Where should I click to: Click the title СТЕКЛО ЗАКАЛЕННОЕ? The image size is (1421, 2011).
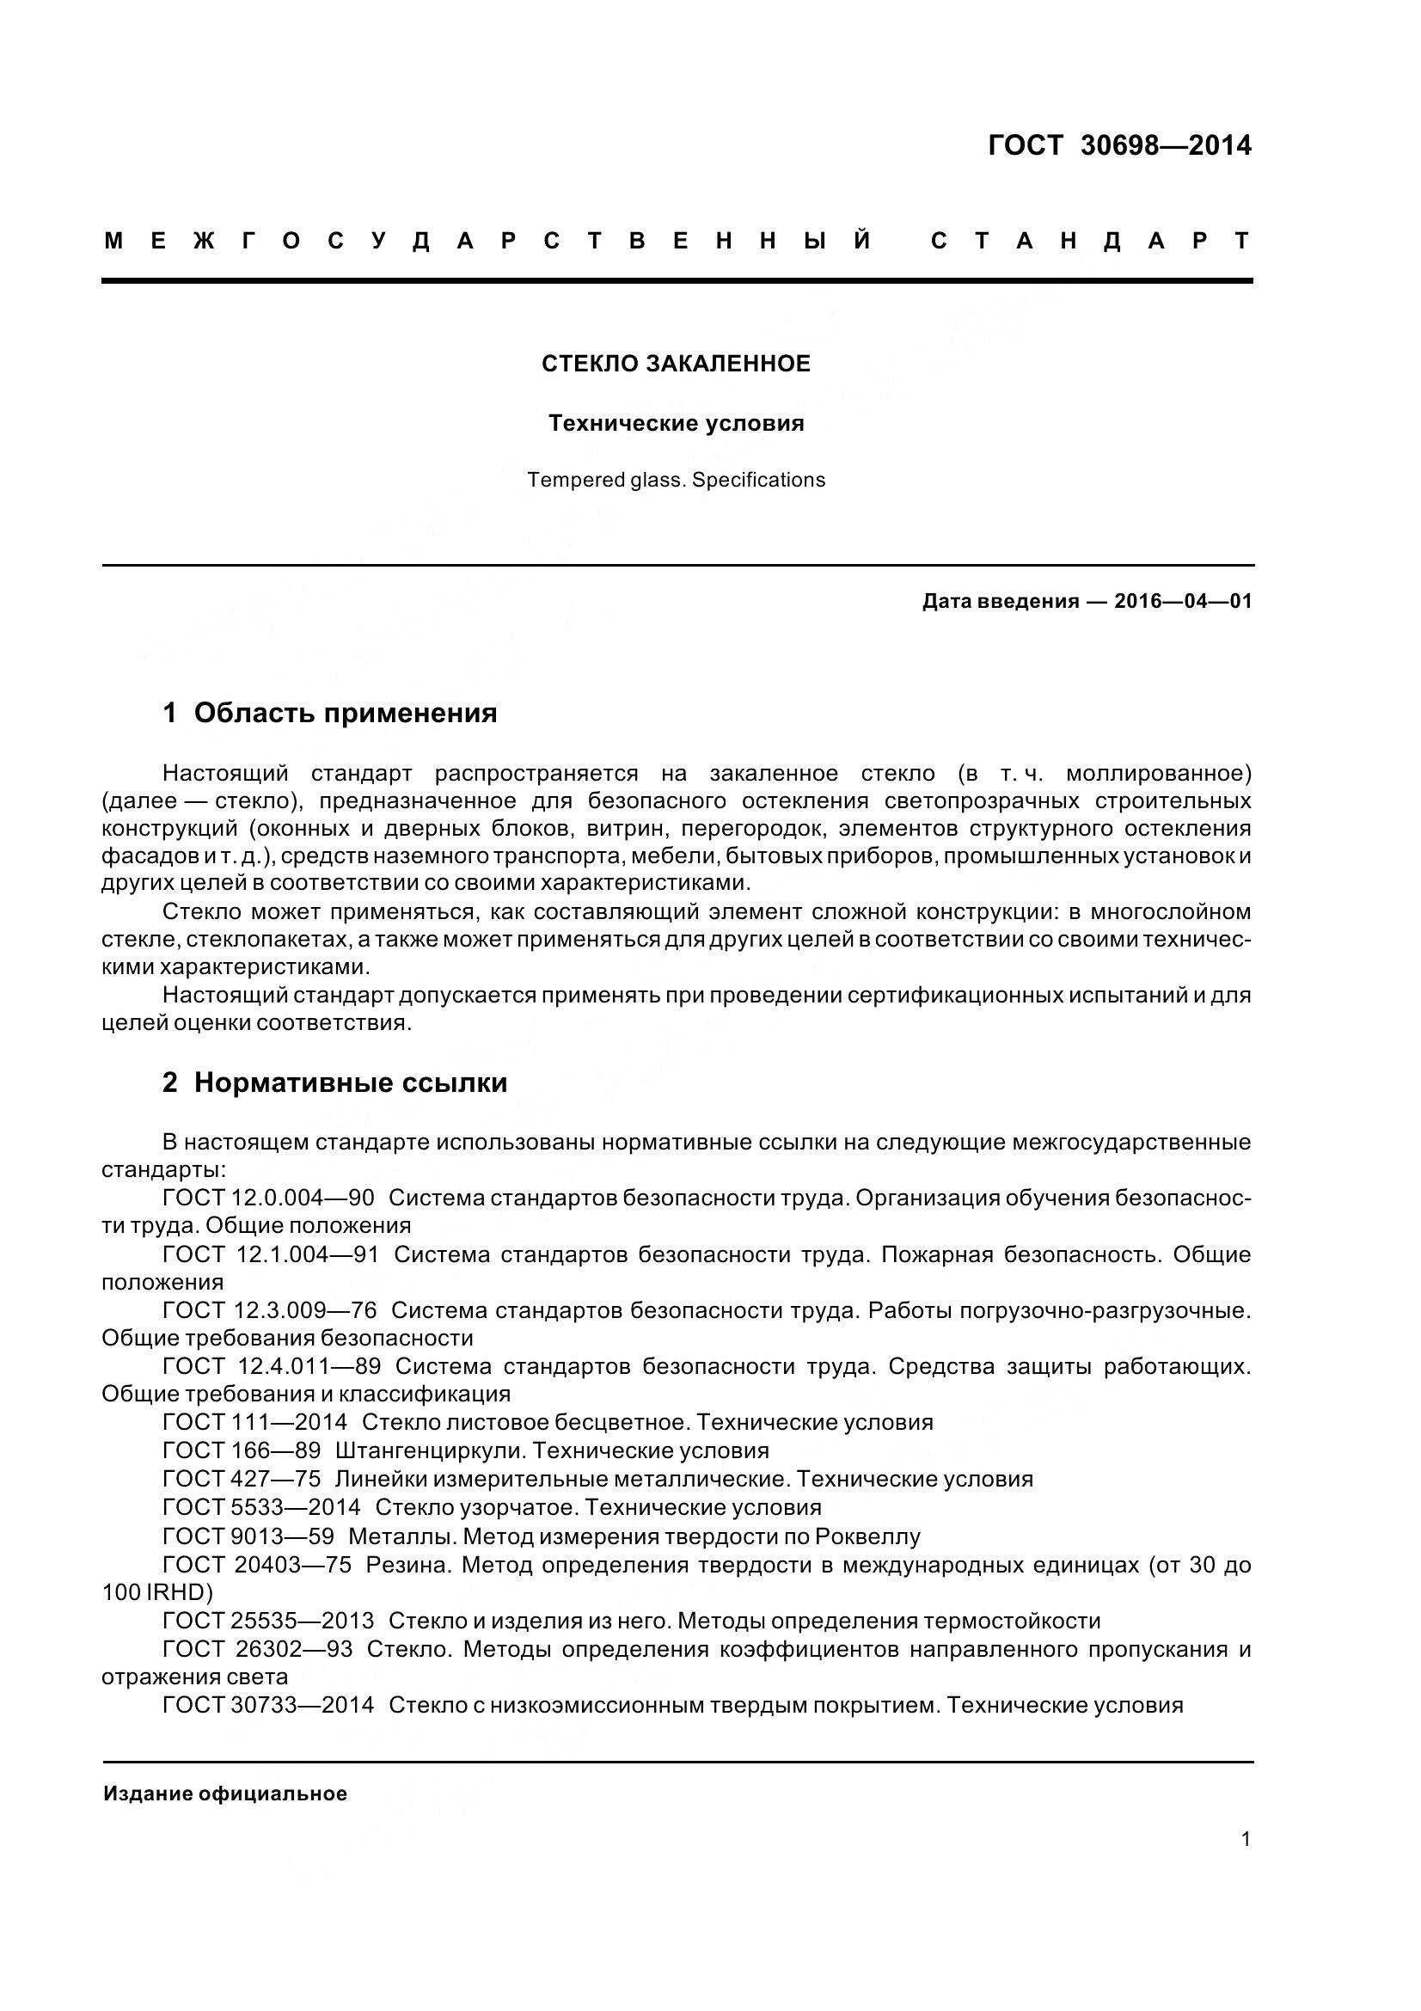[x=676, y=364]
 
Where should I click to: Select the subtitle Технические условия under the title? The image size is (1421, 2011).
[x=676, y=423]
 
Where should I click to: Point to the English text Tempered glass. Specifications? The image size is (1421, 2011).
[x=676, y=480]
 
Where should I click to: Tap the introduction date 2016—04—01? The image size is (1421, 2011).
[x=1183, y=601]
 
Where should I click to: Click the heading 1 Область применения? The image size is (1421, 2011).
[x=329, y=713]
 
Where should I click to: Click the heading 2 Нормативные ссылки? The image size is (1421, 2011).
[x=334, y=1082]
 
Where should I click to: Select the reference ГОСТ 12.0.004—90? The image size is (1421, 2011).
[x=268, y=1198]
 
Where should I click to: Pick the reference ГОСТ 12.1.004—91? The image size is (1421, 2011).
[x=271, y=1254]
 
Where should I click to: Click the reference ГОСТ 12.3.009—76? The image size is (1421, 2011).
[x=270, y=1310]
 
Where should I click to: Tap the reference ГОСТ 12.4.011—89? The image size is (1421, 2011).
[x=272, y=1366]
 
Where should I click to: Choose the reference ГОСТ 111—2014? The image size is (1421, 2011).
[x=254, y=1422]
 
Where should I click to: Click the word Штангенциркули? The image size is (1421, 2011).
[x=430, y=1450]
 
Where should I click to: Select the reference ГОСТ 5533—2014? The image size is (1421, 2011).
[x=262, y=1507]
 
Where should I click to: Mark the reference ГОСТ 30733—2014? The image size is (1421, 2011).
[x=268, y=1705]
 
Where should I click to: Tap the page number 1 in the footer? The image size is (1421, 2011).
[x=1246, y=1839]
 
